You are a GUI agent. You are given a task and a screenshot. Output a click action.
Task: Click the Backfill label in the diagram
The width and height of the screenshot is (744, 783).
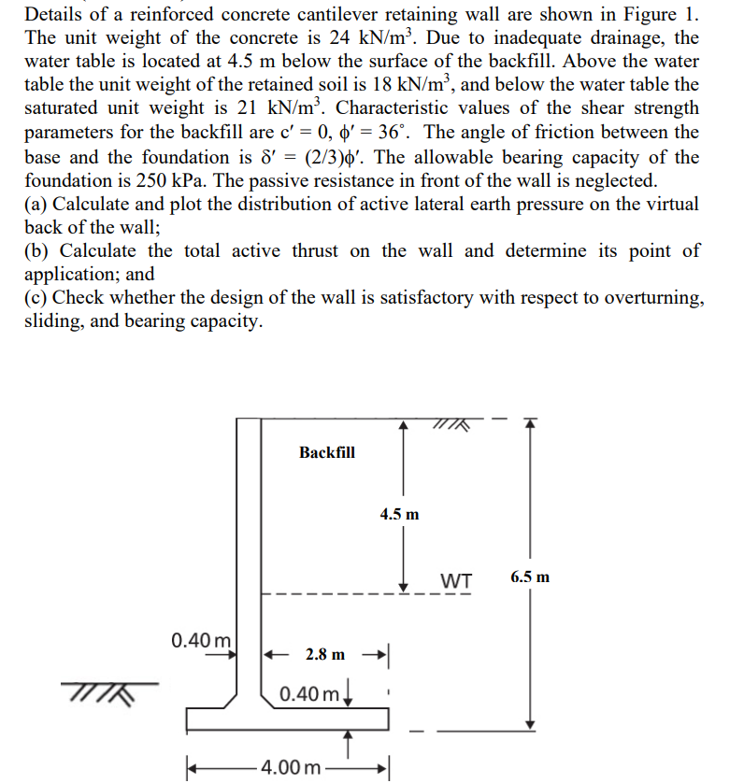pyautogui.click(x=327, y=452)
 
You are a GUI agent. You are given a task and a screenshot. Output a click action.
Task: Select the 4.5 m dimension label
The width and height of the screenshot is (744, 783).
pyautogui.click(x=400, y=514)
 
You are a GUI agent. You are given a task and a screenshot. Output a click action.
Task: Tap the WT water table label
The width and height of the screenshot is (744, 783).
pyautogui.click(x=454, y=580)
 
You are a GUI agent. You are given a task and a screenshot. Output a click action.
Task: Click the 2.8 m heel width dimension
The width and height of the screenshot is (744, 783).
pyautogui.click(x=325, y=654)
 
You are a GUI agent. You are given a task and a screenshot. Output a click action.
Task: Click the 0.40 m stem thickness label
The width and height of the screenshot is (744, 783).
pyautogui.click(x=201, y=641)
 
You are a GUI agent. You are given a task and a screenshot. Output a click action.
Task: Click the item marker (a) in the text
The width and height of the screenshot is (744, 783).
pyautogui.click(x=35, y=205)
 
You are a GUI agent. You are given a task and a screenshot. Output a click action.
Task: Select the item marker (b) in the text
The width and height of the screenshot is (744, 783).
pyautogui.click(x=35, y=251)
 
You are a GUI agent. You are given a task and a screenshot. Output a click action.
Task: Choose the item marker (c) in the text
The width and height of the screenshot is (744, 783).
pyautogui.click(x=35, y=298)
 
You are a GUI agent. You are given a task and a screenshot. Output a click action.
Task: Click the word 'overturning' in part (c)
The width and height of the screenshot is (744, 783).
pyautogui.click(x=650, y=298)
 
